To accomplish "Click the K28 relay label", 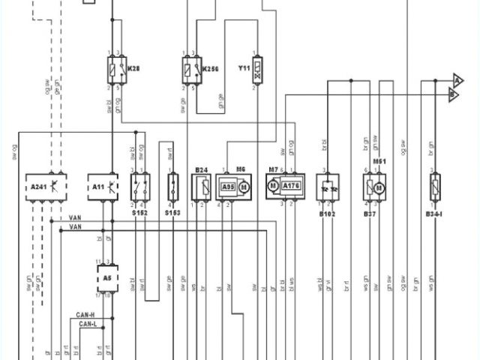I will pos(134,67).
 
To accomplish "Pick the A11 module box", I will pos(106,184).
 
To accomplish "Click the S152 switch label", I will pos(139,213).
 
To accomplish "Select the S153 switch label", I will pos(173,213).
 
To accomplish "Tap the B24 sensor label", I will pos(200,169).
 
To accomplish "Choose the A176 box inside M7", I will pos(291,185).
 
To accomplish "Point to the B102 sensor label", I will pos(328,213).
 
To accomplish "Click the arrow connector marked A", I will pos(457,79).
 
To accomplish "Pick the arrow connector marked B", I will pos(453,94).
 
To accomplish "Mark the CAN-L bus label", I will pos(89,325).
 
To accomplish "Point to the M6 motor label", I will pos(241,169).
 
